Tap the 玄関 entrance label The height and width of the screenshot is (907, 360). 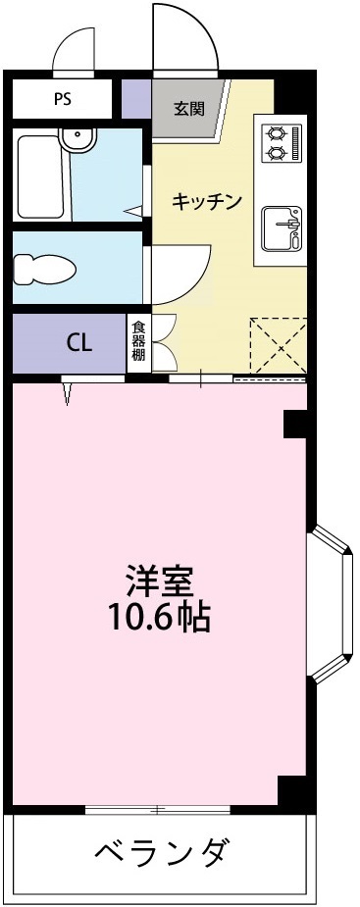coord(189,108)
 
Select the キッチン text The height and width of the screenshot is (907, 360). coord(206,202)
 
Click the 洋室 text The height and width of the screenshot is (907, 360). coord(157,580)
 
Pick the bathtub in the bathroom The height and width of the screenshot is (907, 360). coord(40,178)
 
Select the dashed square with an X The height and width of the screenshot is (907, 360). coord(278,345)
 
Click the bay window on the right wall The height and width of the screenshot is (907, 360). coord(332,602)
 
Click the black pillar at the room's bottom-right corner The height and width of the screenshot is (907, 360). coord(293,790)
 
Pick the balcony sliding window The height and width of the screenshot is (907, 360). coord(157,809)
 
